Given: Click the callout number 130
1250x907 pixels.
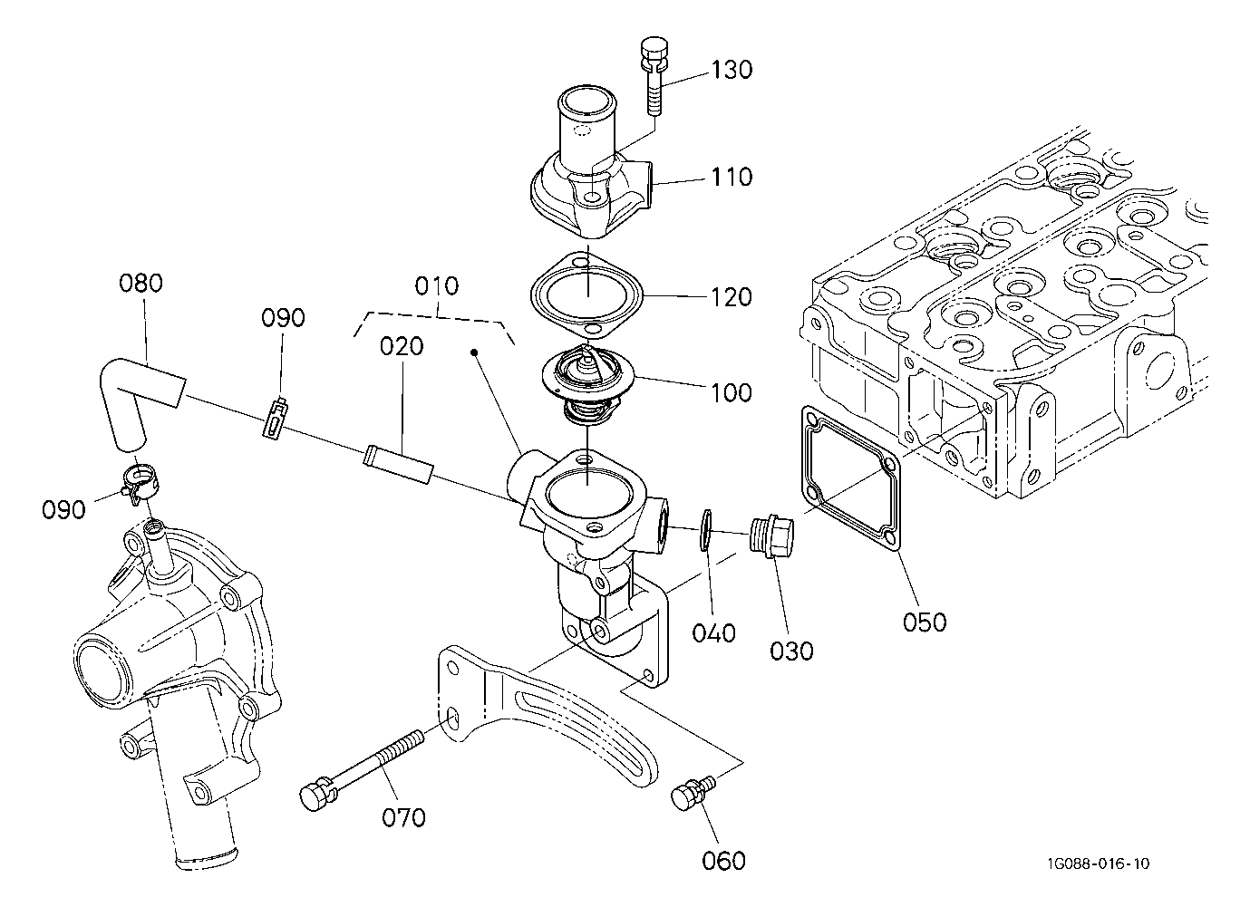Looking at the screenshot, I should coord(732,70).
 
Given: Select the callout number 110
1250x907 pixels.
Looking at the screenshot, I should coord(732,177).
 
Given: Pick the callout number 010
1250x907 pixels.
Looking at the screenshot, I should coord(437,286).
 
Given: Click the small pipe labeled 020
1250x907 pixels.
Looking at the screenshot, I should coord(398,463).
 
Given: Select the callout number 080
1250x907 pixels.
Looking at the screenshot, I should coord(141,284).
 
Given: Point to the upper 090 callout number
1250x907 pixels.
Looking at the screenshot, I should coord(284,318).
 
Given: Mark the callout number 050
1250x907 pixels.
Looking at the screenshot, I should coord(925,622).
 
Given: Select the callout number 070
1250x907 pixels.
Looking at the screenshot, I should coord(403,818).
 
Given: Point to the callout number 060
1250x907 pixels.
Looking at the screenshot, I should coord(724,861).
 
